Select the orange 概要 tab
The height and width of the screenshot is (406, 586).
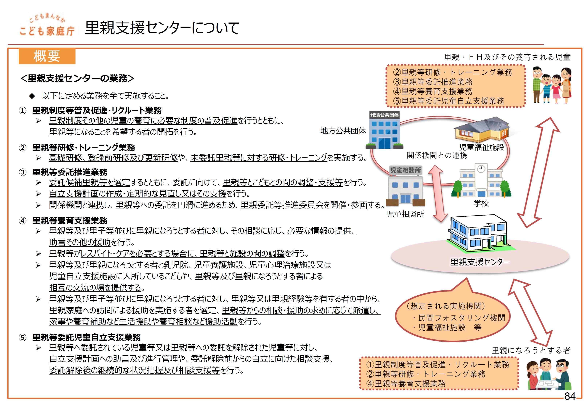tap(47, 56)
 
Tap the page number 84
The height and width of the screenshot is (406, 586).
tap(570, 396)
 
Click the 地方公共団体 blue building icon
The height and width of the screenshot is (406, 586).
tap(384, 130)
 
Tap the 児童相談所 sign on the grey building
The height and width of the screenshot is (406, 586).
tap(405, 170)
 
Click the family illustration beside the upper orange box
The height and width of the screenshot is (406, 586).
tap(552, 85)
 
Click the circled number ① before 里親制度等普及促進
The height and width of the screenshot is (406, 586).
tap(23, 111)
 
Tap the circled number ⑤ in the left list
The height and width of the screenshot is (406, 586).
tap(23, 338)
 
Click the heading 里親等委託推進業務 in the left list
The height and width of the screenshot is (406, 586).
tap(70, 172)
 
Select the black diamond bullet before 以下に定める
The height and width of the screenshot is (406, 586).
tap(32, 96)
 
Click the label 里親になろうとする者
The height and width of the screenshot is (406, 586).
tap(531, 350)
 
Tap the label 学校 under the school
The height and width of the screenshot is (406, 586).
tap(481, 203)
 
